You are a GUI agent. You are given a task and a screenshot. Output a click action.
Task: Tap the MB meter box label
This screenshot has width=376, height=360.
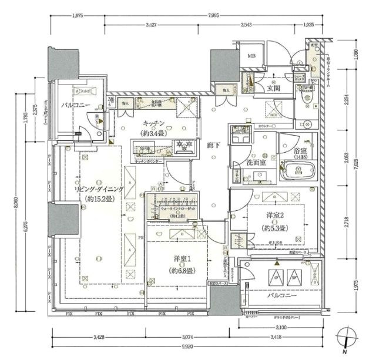tap(252, 56)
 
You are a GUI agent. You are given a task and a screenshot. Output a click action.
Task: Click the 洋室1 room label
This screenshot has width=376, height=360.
tap(181, 260)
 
